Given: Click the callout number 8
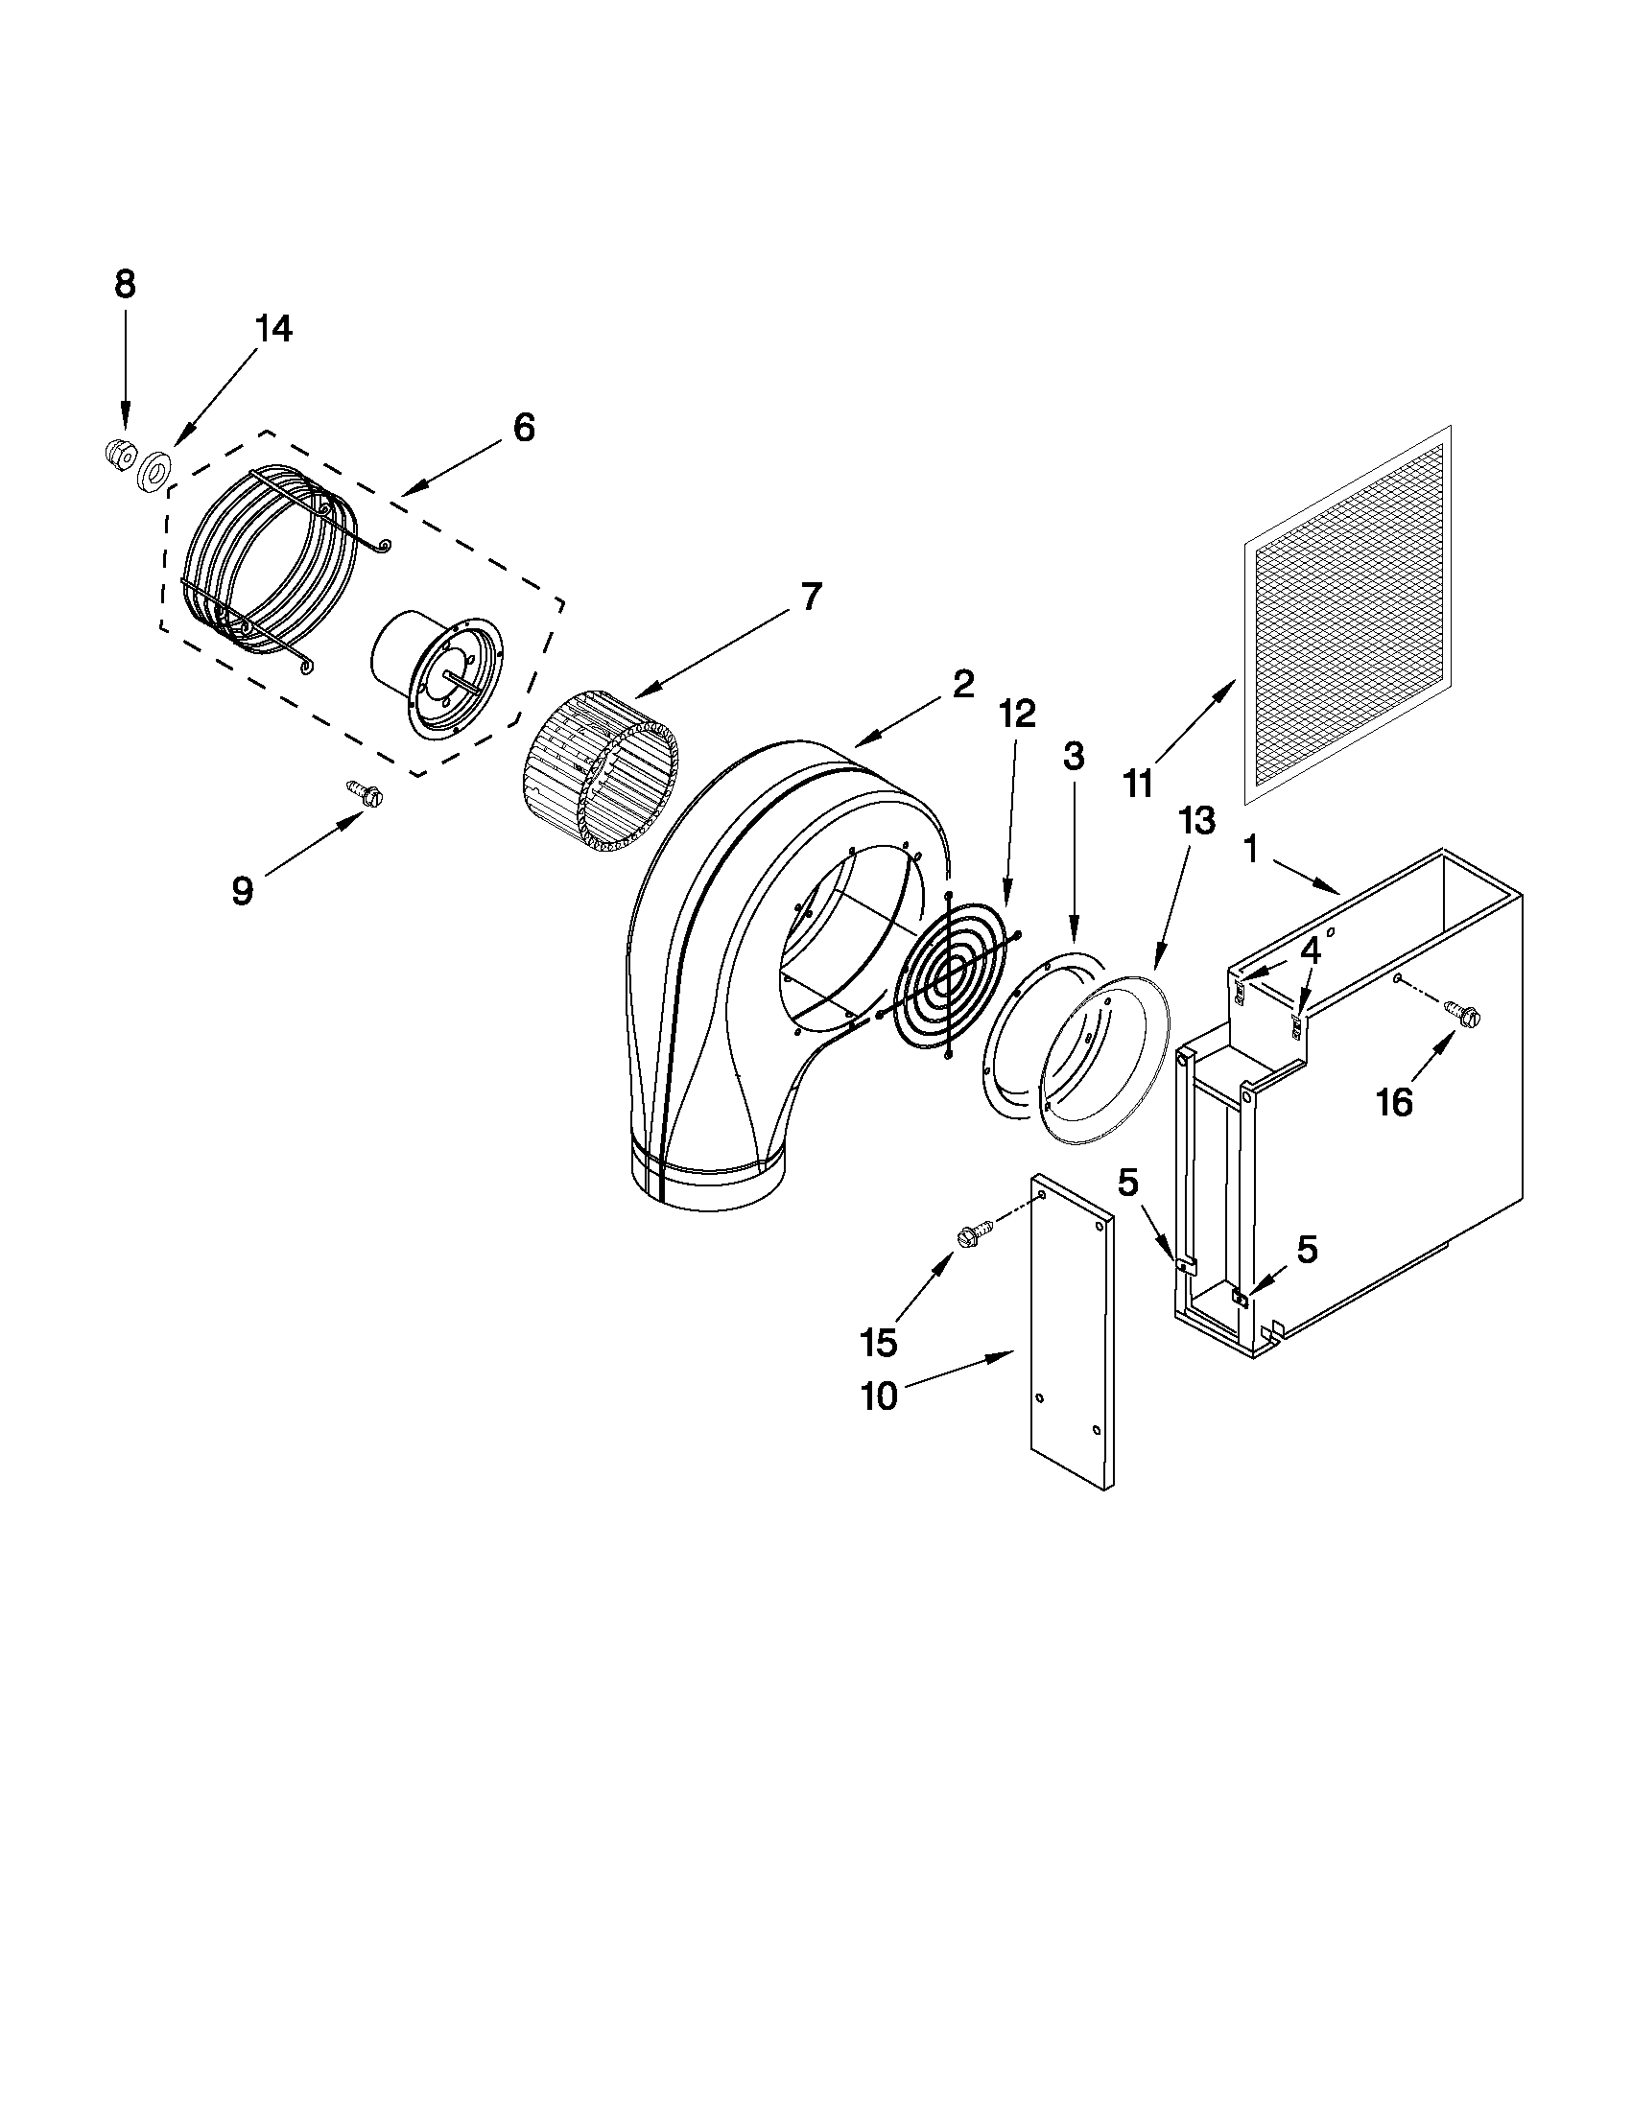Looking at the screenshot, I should [125, 284].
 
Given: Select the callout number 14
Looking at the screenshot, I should [272, 330].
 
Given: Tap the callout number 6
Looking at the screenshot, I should [523, 427].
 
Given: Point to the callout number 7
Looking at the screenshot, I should [809, 597].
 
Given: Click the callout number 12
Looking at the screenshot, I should [1017, 714].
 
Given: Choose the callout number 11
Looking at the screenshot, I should [1139, 783].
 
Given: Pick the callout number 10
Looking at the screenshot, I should [879, 1396].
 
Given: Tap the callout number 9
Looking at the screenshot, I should [242, 890].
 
